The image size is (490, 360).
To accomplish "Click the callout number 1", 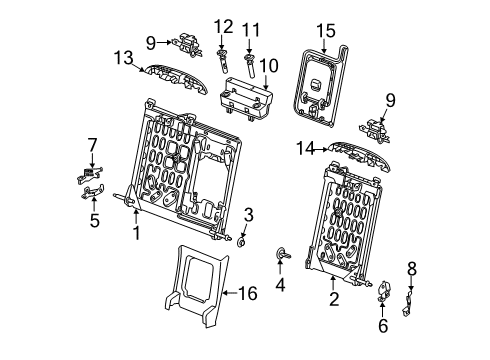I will (x=136, y=233).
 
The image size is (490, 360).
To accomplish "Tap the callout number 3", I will (x=248, y=215).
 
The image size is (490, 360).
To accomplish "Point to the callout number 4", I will (x=279, y=283).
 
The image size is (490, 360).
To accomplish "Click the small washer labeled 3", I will (x=244, y=240).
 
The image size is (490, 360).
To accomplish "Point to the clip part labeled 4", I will (x=281, y=254).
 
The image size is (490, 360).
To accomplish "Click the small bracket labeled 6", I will (x=384, y=296).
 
